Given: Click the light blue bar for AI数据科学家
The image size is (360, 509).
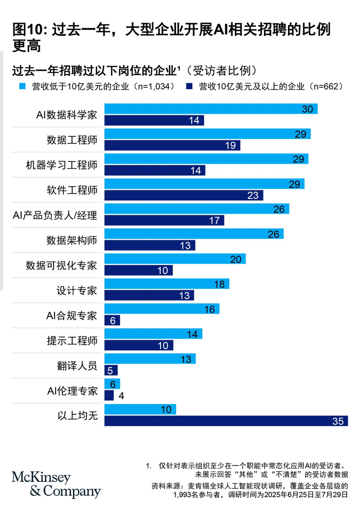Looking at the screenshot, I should click(x=211, y=109).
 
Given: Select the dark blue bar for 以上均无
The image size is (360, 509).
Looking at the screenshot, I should click(x=226, y=421).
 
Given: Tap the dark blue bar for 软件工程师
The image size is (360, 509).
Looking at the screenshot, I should click(x=184, y=195).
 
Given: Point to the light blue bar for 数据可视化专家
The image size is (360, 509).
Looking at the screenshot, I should click(x=175, y=259).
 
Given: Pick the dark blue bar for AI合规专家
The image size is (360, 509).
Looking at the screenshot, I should click(x=112, y=320).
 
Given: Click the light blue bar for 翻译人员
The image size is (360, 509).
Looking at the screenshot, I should click(x=150, y=358).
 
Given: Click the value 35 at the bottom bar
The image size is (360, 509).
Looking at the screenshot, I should click(x=338, y=421).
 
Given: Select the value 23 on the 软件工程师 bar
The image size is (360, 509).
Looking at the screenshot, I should click(x=253, y=195).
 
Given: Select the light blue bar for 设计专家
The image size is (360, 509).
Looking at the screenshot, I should click(x=166, y=283).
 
